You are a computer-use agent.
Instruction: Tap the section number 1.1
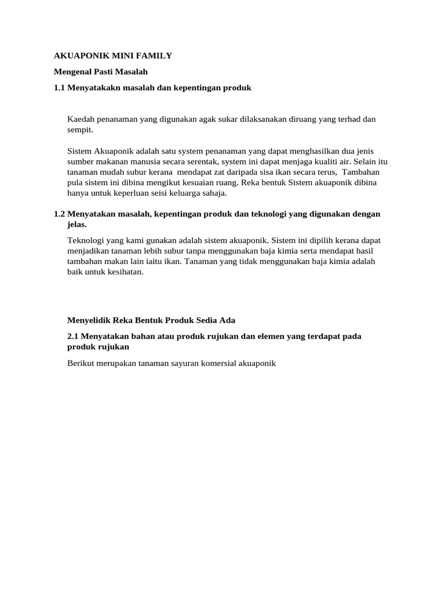[x=60, y=87]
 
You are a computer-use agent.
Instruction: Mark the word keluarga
[x=184, y=193]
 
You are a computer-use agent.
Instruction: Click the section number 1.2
[x=60, y=214]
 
